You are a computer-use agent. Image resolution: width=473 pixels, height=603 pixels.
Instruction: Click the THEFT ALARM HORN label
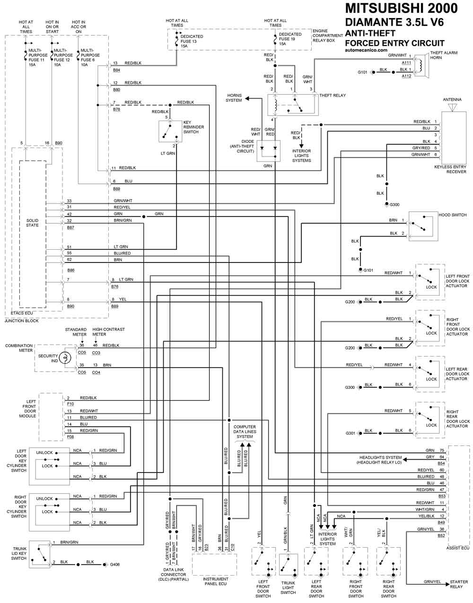(x=444, y=55)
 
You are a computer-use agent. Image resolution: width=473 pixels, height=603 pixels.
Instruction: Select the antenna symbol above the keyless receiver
(x=452, y=107)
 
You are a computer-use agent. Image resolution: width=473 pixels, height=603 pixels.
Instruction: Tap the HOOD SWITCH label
(x=452, y=215)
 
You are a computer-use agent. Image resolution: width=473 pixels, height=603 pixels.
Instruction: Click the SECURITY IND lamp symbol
(x=65, y=358)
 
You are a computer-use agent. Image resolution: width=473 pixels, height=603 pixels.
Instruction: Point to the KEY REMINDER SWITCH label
(x=193, y=127)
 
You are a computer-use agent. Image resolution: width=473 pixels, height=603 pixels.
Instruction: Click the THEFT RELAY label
(x=333, y=95)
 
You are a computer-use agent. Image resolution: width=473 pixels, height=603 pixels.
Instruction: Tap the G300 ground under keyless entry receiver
(x=394, y=204)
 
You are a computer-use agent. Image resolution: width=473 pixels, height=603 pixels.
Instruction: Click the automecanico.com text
(x=366, y=50)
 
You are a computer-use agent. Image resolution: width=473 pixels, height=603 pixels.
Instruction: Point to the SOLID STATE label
(x=32, y=223)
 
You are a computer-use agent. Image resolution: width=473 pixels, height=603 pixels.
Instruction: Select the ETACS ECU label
(x=22, y=313)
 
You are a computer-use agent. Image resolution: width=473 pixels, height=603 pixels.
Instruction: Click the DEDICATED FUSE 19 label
(x=290, y=39)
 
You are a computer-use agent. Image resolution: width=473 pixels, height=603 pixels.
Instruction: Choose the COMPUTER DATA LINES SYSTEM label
(x=245, y=431)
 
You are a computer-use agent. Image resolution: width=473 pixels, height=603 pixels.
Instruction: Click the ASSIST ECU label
(x=457, y=548)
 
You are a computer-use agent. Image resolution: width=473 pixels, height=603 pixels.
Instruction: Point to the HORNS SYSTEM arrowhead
(x=247, y=98)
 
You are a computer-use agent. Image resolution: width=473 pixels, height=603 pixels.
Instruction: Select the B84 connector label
(x=116, y=70)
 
